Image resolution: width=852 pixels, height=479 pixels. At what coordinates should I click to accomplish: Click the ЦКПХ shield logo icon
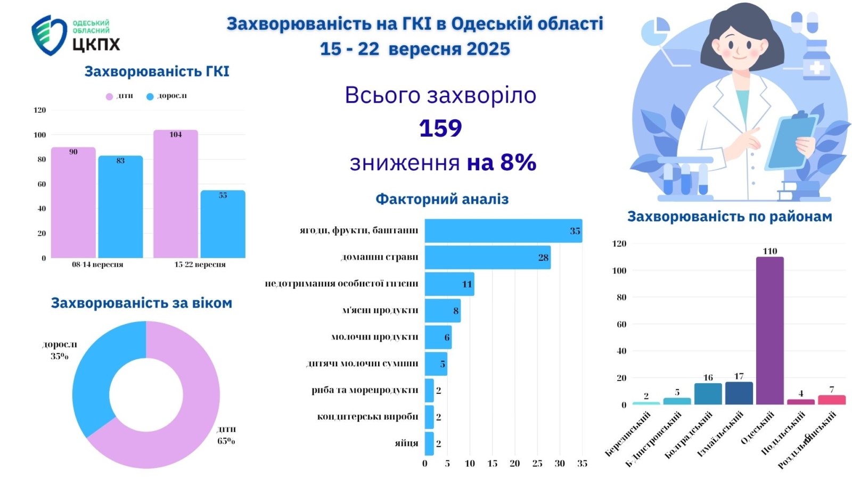point(48,35)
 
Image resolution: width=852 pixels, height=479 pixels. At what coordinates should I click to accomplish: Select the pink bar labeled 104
point(176,194)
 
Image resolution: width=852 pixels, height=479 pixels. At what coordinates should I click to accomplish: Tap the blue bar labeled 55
point(223,224)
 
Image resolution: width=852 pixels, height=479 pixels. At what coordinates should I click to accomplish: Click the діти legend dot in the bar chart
point(109,96)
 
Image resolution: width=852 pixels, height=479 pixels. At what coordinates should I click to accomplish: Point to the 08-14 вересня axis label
point(97,265)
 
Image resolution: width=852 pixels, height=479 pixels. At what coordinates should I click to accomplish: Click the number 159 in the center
point(440,128)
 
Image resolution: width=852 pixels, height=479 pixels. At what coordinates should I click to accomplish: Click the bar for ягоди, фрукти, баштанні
point(503,231)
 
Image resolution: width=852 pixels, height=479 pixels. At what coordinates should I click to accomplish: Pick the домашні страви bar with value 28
point(487,258)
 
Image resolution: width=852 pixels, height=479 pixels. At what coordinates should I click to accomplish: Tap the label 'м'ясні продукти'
point(380,310)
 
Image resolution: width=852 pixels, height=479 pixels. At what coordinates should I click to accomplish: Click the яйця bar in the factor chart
point(429,443)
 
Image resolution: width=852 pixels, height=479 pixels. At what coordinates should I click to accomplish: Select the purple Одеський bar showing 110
point(769,331)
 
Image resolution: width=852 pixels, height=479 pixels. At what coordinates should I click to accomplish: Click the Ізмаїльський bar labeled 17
point(739,393)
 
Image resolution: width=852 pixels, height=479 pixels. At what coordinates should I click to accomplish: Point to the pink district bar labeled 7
point(831,400)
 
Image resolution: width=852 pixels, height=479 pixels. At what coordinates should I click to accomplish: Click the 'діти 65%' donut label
point(226,435)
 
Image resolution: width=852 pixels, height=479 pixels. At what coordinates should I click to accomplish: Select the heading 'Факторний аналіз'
point(442,199)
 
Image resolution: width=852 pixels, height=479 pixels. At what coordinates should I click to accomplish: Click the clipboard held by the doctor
point(792,142)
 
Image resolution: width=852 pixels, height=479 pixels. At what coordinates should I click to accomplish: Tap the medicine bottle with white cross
point(816,61)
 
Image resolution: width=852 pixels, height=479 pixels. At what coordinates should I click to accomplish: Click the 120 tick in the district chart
point(620,244)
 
